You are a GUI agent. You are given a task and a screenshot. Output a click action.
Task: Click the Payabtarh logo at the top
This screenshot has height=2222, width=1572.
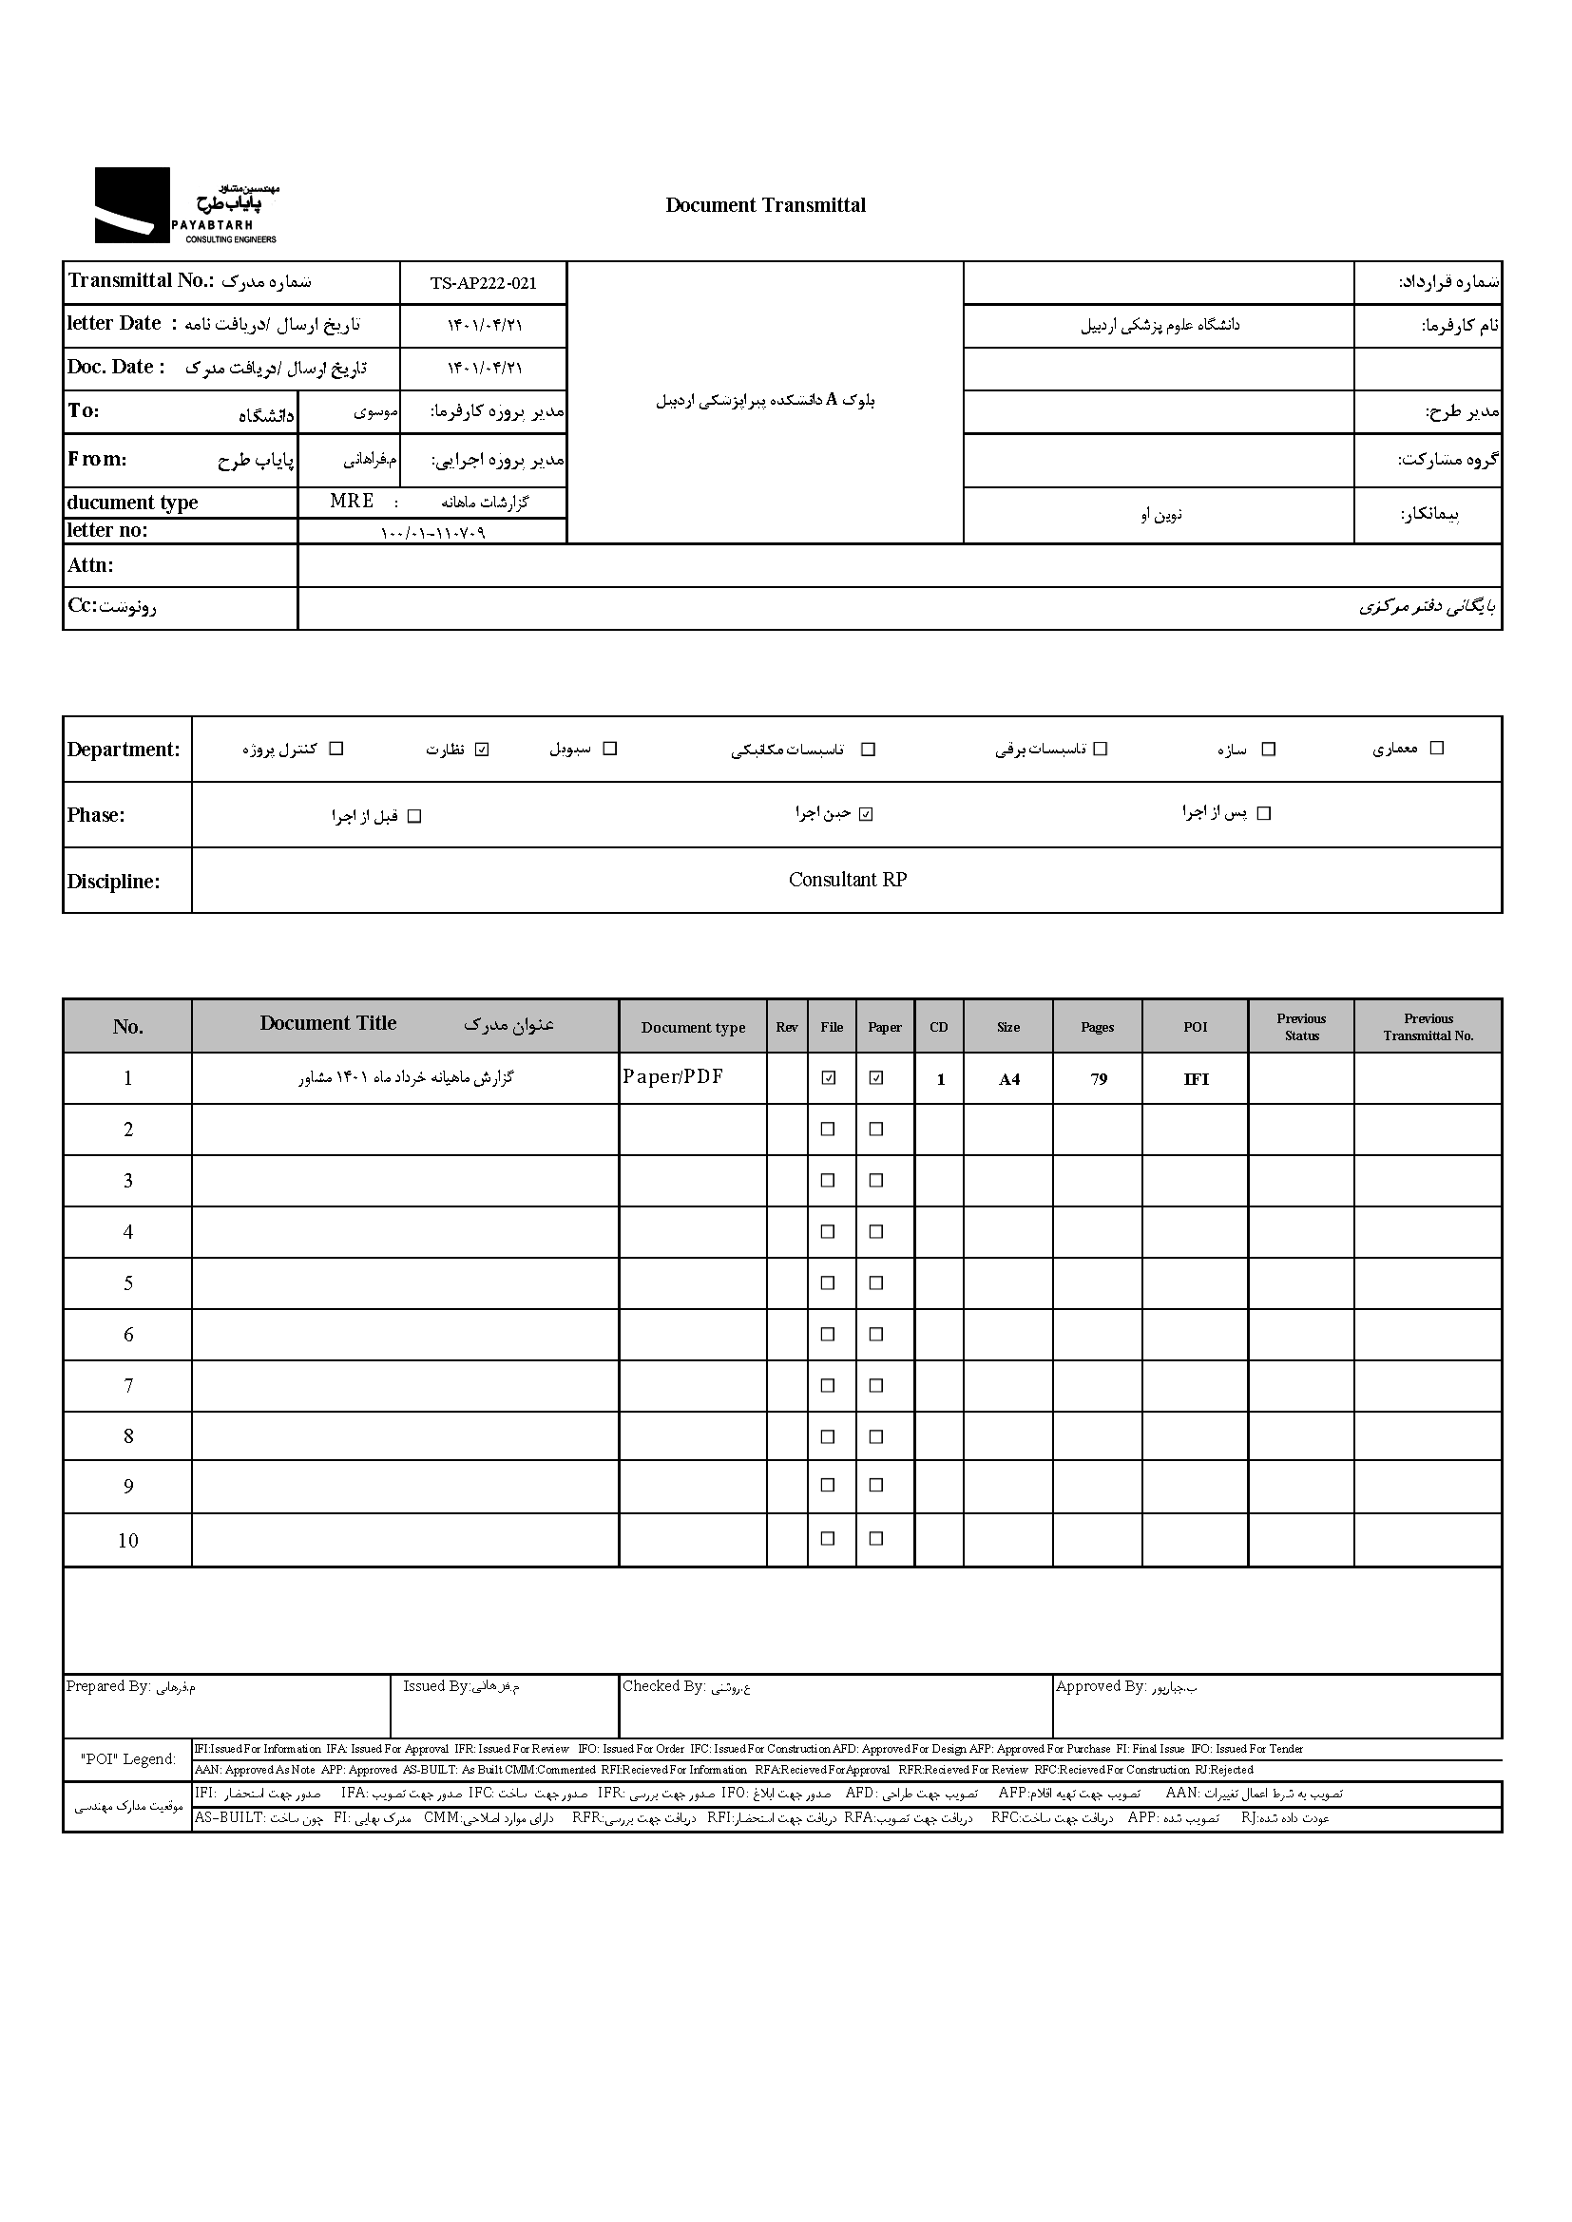pos(185,205)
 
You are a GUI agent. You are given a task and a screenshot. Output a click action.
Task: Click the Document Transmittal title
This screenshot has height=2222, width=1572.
pos(765,205)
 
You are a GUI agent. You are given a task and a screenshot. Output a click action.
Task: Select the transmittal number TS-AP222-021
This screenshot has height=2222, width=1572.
pos(483,282)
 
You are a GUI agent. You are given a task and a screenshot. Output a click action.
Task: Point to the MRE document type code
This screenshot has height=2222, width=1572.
pos(352,502)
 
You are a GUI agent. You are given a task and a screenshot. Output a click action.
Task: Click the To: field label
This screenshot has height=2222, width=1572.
pos(84,410)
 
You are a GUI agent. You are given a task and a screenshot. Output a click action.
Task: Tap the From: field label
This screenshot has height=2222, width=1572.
pos(97,459)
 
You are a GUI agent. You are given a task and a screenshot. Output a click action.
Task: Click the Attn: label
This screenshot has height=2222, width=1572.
pos(90,565)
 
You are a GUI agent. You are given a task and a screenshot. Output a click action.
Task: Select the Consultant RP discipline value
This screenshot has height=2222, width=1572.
pos(847,880)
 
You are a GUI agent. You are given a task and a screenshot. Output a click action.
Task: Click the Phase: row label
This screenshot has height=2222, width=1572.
pos(96,815)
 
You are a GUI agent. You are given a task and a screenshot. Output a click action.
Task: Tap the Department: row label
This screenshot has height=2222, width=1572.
pos(123,749)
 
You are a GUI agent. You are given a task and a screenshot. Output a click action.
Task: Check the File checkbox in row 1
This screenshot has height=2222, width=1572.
pos(829,1077)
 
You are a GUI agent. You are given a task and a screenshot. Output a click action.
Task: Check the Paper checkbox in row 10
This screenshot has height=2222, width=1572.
pos(876,1538)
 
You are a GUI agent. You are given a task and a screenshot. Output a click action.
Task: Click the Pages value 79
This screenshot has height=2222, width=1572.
pos(1098,1079)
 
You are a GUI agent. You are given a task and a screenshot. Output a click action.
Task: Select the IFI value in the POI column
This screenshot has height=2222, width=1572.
pos(1196,1079)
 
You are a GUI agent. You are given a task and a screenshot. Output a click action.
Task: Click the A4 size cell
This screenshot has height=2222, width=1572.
pos(1008,1079)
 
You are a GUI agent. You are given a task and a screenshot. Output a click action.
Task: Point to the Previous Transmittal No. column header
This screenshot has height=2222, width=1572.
pos(1428,1026)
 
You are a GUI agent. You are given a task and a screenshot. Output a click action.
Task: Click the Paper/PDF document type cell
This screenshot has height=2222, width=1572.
pos(673,1076)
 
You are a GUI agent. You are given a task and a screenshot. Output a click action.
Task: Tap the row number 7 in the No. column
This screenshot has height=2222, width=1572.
pos(127,1386)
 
